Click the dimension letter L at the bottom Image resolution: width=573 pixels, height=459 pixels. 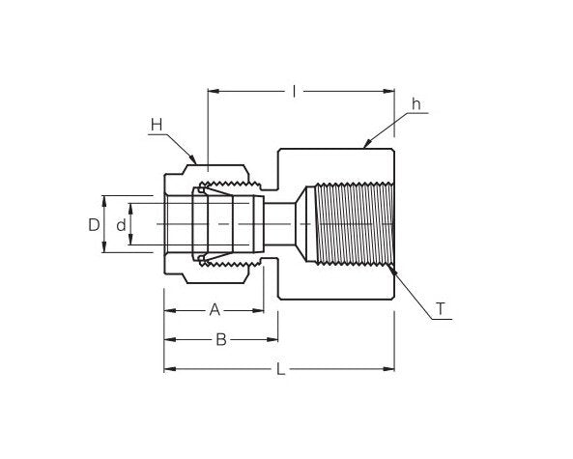click(x=280, y=369)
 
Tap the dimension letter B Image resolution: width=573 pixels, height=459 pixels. click(x=220, y=339)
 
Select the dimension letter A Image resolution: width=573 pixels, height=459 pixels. click(x=215, y=310)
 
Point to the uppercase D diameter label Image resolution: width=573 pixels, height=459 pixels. click(x=93, y=225)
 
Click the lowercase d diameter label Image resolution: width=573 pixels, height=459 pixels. click(x=121, y=225)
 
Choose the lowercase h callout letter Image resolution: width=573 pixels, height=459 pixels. click(x=416, y=104)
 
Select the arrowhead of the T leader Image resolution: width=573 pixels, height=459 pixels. click(x=392, y=271)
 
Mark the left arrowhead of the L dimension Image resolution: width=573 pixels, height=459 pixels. click(x=167, y=369)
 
